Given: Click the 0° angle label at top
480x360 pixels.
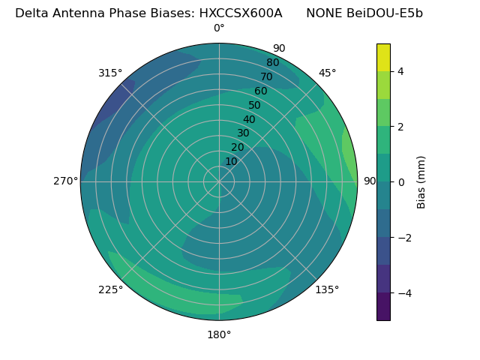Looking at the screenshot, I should tap(219, 28).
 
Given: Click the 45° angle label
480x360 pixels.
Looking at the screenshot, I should tap(327, 73).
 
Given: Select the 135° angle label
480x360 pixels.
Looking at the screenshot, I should tap(327, 289).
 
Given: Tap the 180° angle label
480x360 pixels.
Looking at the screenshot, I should tap(219, 334).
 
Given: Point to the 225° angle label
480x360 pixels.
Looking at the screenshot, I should tap(110, 289).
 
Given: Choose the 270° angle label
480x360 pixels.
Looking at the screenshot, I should tap(65, 181).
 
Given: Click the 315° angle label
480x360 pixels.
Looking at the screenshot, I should tap(110, 73).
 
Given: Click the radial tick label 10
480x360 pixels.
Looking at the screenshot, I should tap(231, 161).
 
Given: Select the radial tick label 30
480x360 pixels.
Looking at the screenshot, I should tap(243, 133).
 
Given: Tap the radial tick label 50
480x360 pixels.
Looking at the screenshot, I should tap(255, 105).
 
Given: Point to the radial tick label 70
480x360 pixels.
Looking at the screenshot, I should tap(266, 76).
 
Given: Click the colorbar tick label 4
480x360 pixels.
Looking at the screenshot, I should tap(400, 71).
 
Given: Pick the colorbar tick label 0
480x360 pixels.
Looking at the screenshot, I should tap(400, 181).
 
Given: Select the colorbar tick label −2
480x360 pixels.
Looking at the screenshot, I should tap(403, 238).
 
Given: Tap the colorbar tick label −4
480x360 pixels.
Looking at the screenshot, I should tap(403, 292).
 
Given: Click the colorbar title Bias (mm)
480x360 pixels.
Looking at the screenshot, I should tap(421, 181).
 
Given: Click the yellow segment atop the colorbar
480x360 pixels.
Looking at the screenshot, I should tap(383, 57).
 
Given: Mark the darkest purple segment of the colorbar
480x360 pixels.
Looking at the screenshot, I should tap(383, 306).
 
